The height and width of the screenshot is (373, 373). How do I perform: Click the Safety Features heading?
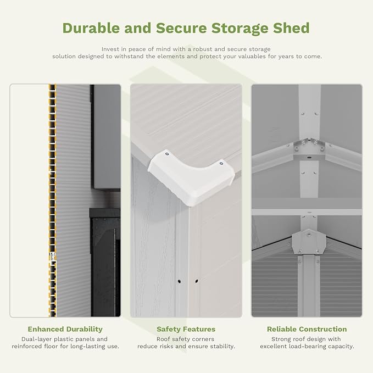[186, 329]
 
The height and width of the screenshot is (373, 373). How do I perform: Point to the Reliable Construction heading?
[307, 329]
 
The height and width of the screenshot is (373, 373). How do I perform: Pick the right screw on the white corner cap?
[221, 163]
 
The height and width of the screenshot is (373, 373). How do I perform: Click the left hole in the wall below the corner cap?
[179, 281]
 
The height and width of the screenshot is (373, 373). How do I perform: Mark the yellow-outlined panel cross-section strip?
[52, 201]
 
